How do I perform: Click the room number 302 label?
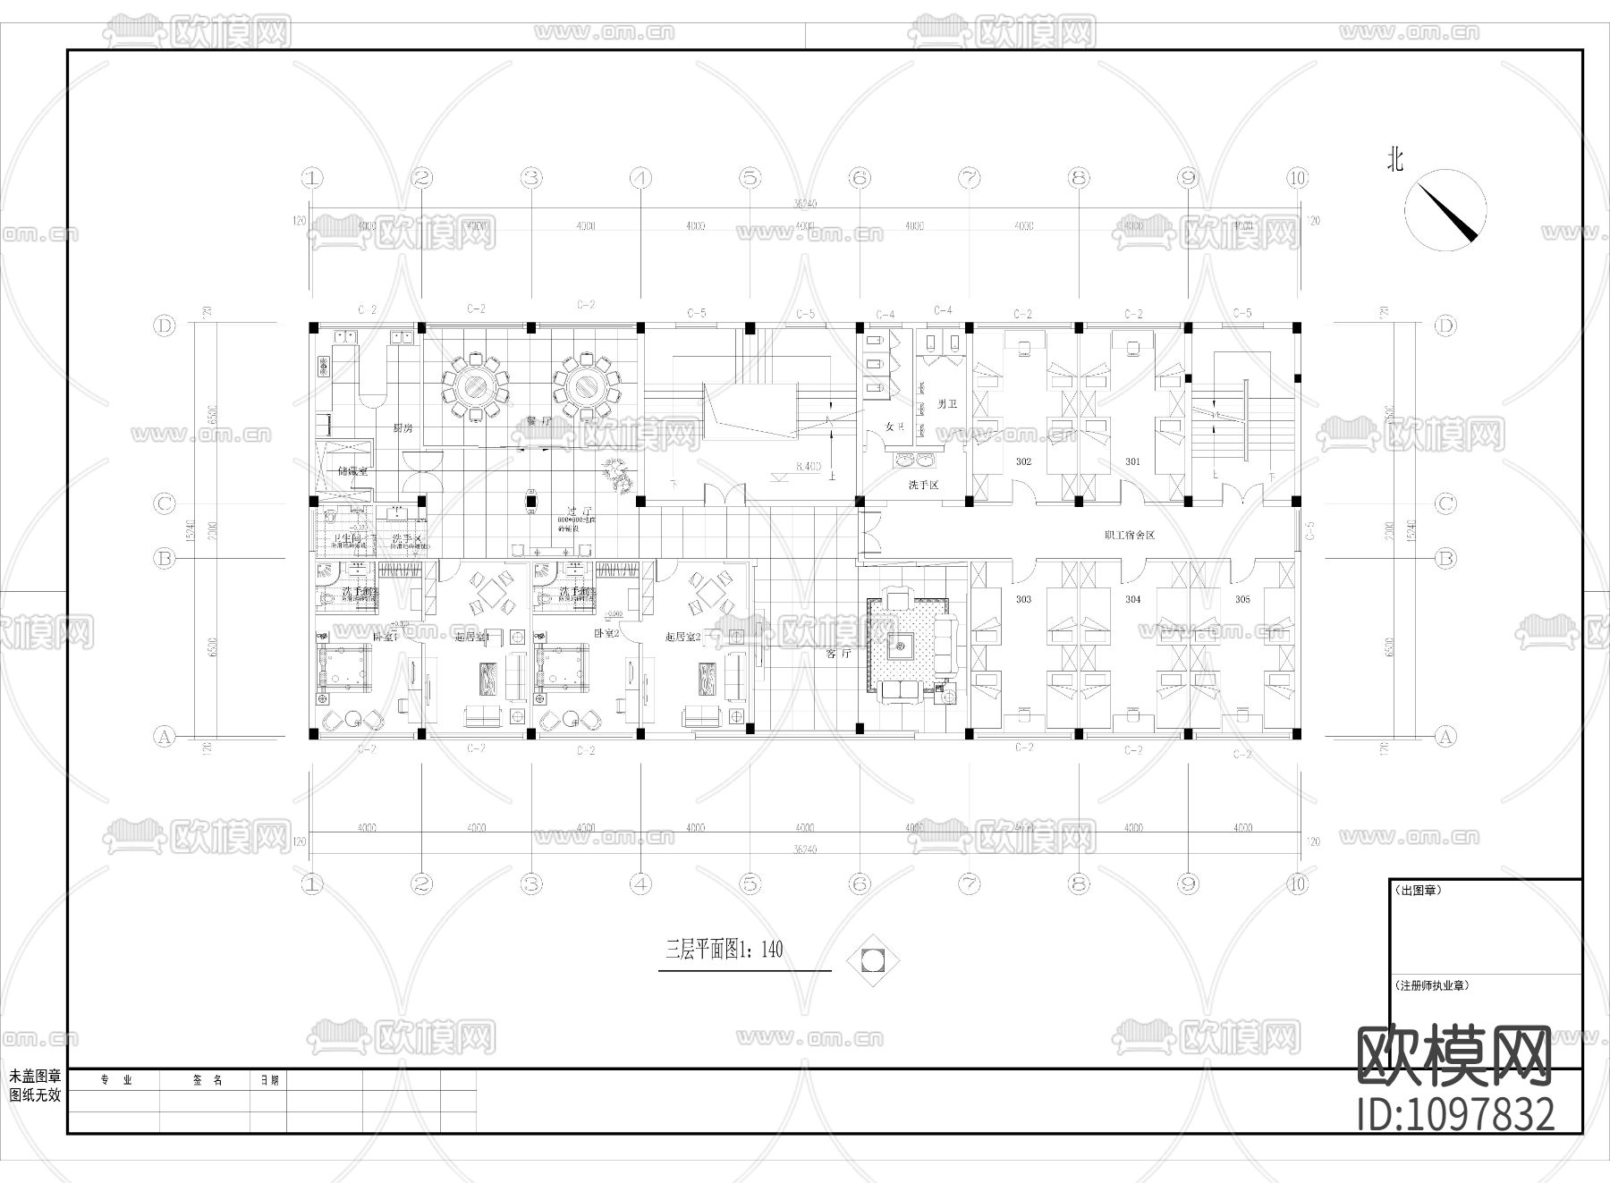(1023, 461)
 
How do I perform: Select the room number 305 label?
(1242, 599)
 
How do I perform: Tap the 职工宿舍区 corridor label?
(1130, 535)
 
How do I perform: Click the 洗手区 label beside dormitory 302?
(923, 484)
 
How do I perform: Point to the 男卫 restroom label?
(946, 404)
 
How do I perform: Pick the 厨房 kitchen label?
(403, 427)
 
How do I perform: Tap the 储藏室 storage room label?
(353, 470)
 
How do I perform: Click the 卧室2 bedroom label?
(606, 632)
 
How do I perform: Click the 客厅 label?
(838, 654)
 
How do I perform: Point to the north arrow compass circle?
(1445, 211)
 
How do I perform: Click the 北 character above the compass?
(1395, 160)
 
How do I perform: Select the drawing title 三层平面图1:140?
(724, 950)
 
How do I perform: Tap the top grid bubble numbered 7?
(970, 178)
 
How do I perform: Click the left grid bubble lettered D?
(165, 325)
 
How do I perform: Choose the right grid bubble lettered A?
(1445, 737)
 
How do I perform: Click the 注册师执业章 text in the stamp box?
(1431, 985)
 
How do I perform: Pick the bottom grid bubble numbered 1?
(311, 884)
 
